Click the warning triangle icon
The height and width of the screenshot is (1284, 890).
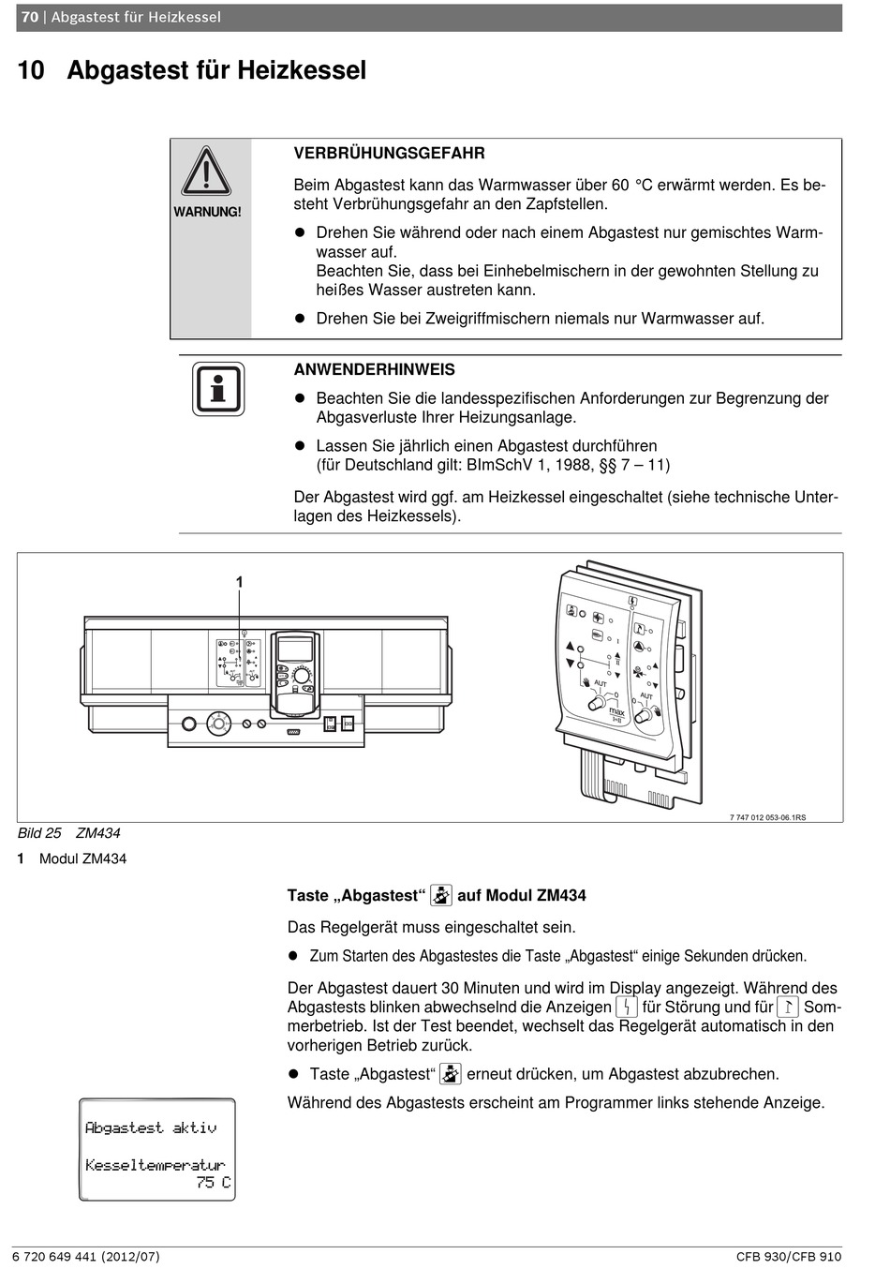[206, 172]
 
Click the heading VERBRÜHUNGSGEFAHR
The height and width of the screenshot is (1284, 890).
[389, 153]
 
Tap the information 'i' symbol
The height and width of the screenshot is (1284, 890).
[218, 389]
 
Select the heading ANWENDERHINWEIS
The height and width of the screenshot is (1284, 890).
[374, 369]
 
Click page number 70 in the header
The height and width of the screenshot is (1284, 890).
[30, 17]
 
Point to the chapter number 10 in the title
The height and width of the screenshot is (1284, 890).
[31, 70]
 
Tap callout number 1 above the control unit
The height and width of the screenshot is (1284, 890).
[240, 582]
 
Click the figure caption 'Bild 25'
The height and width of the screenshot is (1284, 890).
[39, 833]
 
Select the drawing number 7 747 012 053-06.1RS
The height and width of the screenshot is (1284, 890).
[767, 817]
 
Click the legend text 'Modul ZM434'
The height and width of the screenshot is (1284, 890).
[82, 858]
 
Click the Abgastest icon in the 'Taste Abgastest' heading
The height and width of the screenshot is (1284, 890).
[441, 895]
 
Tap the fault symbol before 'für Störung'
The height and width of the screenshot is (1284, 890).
[627, 1008]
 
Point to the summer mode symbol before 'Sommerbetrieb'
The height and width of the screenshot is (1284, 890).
[788, 1008]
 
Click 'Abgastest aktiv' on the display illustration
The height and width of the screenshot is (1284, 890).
[150, 1127]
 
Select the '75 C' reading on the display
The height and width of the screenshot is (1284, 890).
[213, 1183]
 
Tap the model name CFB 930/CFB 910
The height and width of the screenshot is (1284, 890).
[789, 1257]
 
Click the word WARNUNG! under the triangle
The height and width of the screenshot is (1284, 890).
[207, 212]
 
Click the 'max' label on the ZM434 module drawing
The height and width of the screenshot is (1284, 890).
[616, 712]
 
